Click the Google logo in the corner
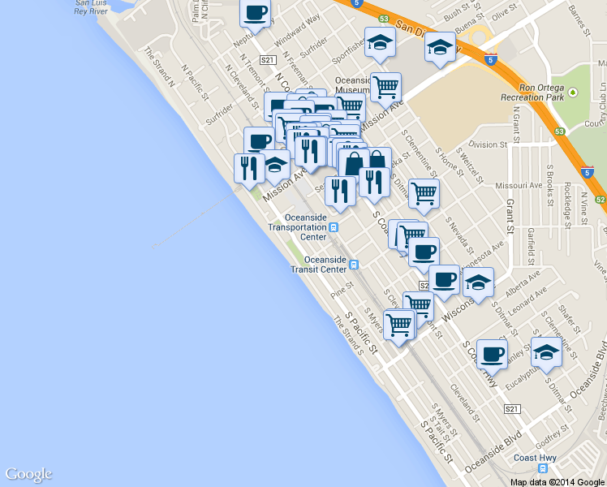[28, 475]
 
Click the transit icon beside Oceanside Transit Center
[354, 264]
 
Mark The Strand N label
[160, 62]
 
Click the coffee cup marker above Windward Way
[256, 15]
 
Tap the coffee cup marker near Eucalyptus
[492, 354]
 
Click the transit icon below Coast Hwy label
[543, 468]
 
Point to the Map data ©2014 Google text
[557, 481]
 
